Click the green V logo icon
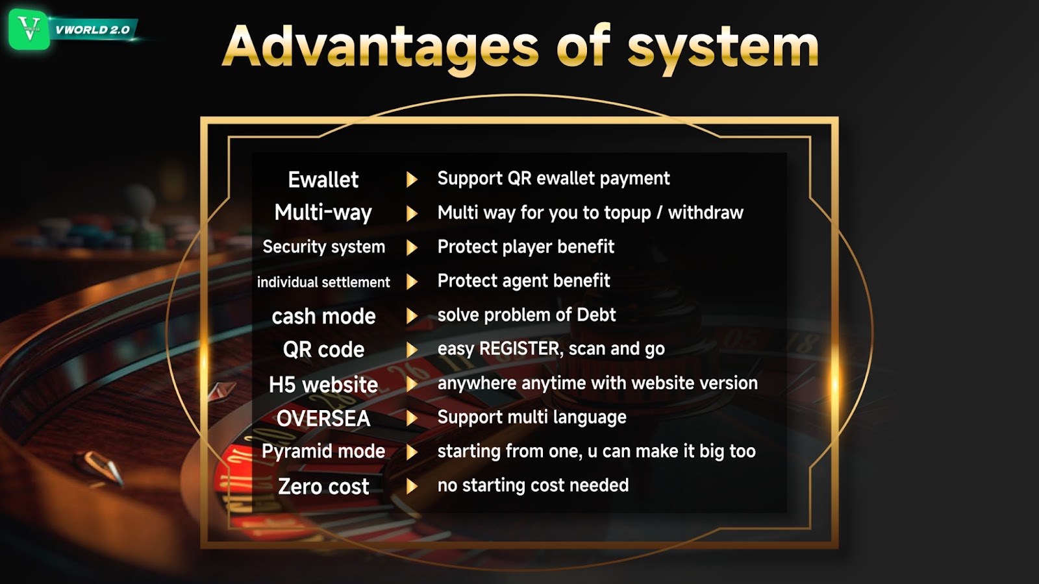29,29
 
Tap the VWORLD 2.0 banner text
92,30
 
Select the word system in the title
723,49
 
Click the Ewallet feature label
323,180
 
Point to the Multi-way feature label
323,213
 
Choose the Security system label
324,247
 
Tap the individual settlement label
323,282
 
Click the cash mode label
323,317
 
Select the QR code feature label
323,350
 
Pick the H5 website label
323,385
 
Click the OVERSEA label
323,419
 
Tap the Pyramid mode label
323,452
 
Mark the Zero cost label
323,487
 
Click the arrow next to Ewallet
412,179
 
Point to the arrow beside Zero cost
412,486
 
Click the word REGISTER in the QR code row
519,348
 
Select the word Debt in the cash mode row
596,315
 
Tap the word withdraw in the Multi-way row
705,213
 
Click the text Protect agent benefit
523,281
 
